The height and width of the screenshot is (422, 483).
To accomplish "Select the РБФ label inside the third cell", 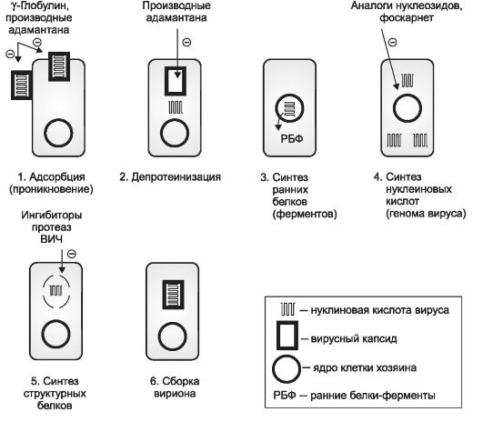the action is point(291,138).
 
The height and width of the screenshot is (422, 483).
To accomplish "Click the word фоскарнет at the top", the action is point(407,18).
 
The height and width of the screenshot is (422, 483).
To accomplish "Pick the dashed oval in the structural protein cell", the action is point(44,291).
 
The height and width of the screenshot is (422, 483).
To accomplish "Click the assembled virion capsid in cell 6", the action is point(174,295).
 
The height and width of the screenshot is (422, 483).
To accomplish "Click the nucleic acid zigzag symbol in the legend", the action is point(287,309).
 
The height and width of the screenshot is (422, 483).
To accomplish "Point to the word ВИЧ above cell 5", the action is point(52,239).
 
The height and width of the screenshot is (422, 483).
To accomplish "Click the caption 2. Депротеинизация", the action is point(170,177).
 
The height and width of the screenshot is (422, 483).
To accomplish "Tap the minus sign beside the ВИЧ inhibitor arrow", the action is point(72,254).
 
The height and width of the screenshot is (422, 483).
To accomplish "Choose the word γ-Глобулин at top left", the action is point(38,5).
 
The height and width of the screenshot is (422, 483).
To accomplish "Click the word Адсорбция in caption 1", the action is point(57,177).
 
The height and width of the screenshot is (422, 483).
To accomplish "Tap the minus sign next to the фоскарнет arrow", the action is point(392,42).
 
